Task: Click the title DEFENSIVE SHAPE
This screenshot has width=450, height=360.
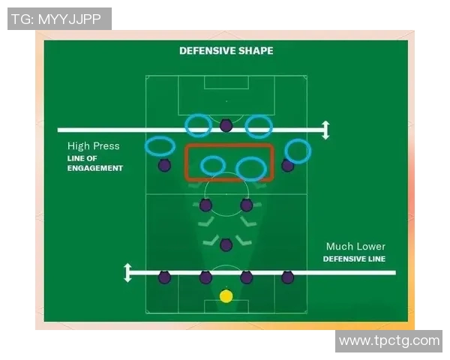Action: pyautogui.click(x=226, y=51)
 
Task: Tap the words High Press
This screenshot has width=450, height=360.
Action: pyautogui.click(x=93, y=146)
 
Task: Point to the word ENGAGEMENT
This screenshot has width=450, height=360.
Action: pyautogui.click(x=94, y=169)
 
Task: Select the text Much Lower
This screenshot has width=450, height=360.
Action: pyautogui.click(x=355, y=247)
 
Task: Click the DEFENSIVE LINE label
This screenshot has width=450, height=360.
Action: pyautogui.click(x=354, y=259)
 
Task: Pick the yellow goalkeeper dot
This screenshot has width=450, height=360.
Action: pyautogui.click(x=226, y=296)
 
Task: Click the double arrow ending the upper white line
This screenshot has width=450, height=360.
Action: pyautogui.click(x=325, y=130)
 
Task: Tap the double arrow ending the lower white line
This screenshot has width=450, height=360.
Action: pyautogui.click(x=127, y=272)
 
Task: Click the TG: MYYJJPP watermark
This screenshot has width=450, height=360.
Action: pyautogui.click(x=59, y=19)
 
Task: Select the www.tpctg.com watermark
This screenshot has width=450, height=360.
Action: pyautogui.click(x=388, y=341)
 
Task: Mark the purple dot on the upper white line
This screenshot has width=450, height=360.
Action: pyautogui.click(x=226, y=125)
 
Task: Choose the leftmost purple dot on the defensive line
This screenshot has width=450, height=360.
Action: pyautogui.click(x=164, y=277)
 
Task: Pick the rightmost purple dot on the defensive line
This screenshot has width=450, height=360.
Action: pyautogui.click(x=287, y=277)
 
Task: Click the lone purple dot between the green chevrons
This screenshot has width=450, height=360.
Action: pyautogui.click(x=226, y=243)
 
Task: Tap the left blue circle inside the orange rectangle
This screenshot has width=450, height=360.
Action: pyautogui.click(x=213, y=165)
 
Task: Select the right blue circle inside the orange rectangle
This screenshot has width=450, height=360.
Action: pyautogui.click(x=250, y=169)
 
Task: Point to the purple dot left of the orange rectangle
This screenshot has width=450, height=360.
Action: pyautogui.click(x=164, y=165)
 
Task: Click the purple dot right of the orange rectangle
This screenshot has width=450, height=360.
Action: pyautogui.click(x=287, y=165)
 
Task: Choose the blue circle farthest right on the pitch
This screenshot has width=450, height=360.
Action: pyautogui.click(x=298, y=151)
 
